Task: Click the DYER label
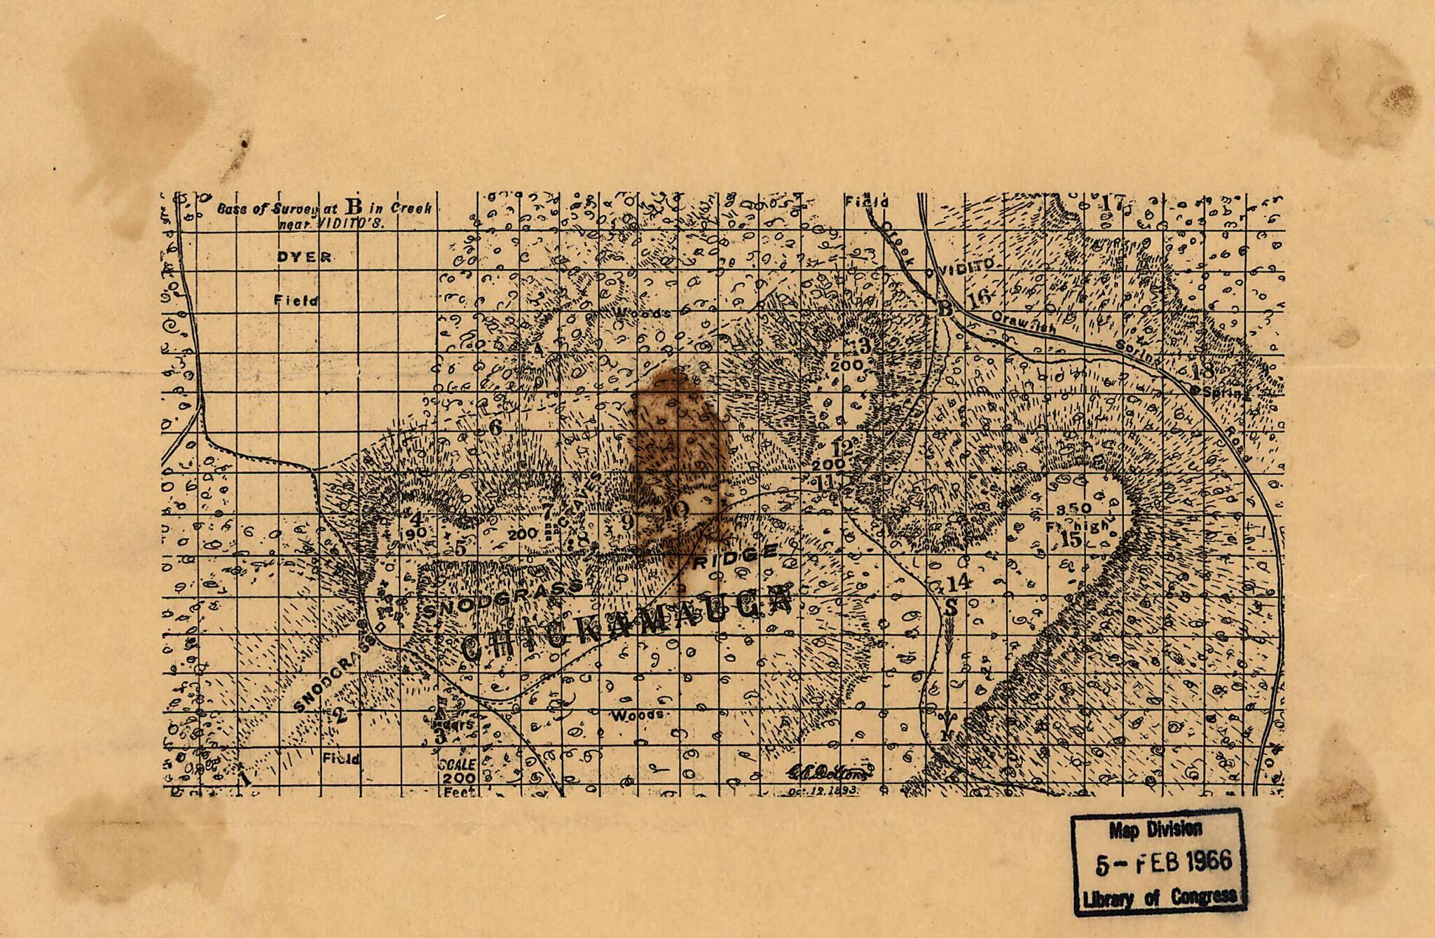point(304,257)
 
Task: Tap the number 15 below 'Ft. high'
point(1071,540)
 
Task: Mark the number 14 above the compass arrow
point(959,582)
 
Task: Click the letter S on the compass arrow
point(951,608)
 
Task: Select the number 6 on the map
point(495,426)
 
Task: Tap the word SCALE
point(457,764)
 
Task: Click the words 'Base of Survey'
point(259,209)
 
